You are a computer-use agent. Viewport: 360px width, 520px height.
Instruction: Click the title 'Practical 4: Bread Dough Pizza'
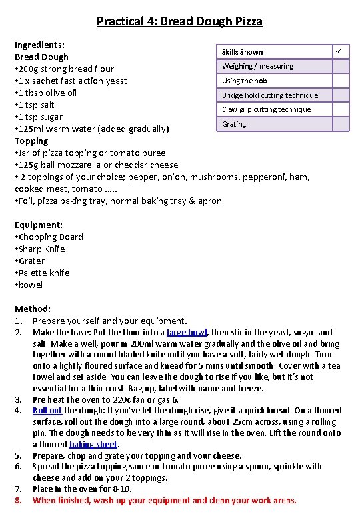[x=179, y=21]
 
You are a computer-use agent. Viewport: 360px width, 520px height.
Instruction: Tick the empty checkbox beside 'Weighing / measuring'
[x=341, y=66]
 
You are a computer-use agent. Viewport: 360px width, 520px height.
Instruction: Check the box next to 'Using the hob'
[x=341, y=81]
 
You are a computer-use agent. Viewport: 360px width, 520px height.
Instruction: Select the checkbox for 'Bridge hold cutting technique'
[x=341, y=95]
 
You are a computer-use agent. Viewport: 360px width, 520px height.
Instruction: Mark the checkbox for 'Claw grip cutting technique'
[x=341, y=109]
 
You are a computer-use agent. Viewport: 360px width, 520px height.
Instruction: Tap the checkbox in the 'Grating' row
[x=341, y=124]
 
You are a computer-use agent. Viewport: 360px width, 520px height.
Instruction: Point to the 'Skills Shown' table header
[x=242, y=52]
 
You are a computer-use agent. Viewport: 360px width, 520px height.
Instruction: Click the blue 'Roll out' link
[x=47, y=411]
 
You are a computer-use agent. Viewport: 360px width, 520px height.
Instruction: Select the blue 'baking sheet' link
[x=93, y=444]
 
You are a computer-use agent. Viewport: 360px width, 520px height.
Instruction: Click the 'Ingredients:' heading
[x=40, y=45]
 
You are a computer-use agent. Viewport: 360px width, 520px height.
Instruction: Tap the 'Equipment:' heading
[x=39, y=225]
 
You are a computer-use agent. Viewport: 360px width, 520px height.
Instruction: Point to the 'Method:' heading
[x=33, y=309]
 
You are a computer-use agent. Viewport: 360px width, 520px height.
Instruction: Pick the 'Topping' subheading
[x=31, y=141]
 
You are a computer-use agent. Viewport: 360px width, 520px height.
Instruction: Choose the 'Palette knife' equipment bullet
[x=44, y=273]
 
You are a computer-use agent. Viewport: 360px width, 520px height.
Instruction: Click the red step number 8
[x=19, y=500]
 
